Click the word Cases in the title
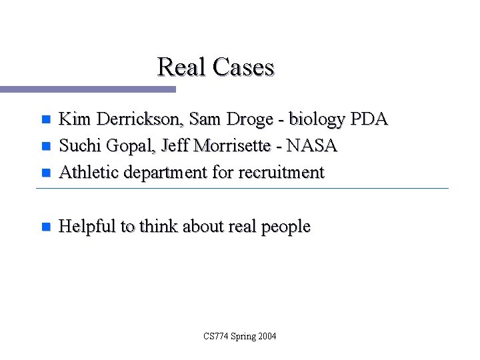244,67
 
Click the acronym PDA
369,119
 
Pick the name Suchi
77,145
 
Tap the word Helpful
87,227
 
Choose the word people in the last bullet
285,227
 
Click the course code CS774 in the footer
217,336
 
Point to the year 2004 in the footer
266,336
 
